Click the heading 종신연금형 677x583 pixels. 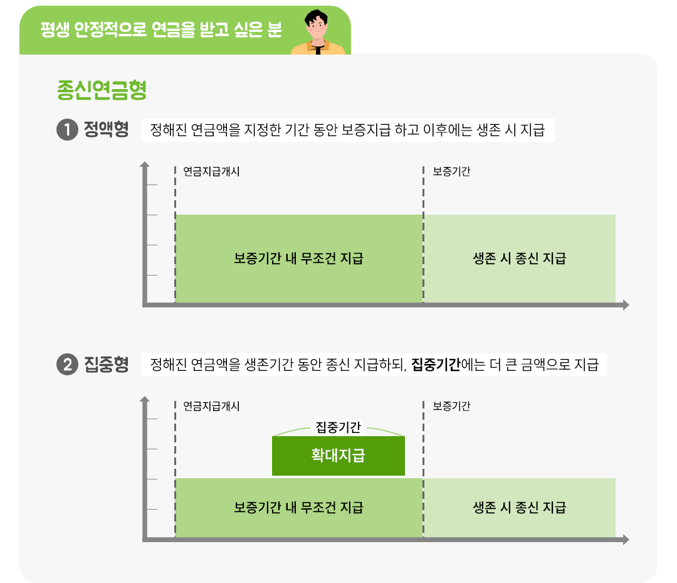pyautogui.click(x=102, y=90)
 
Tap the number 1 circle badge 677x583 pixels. pyautogui.click(x=66, y=131)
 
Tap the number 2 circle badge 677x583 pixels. pyautogui.click(x=66, y=365)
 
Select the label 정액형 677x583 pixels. pyautogui.click(x=106, y=131)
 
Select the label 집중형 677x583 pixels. pyautogui.click(x=106, y=365)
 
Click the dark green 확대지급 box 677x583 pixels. pyautogui.click(x=338, y=456)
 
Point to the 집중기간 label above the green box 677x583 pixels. pyautogui.click(x=338, y=428)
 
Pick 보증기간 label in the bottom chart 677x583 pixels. pyautogui.click(x=451, y=406)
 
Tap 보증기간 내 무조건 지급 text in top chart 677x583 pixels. pyautogui.click(x=298, y=259)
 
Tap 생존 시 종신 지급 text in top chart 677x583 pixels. pyautogui.click(x=519, y=259)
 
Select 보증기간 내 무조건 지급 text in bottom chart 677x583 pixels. pyautogui.click(x=298, y=507)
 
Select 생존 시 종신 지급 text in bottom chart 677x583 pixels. pyautogui.click(x=519, y=507)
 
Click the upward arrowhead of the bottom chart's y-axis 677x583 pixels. pyautogui.click(x=145, y=399)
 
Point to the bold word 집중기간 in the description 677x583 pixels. pyautogui.click(x=436, y=365)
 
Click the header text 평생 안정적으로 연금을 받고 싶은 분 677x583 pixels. pyautogui.click(x=161, y=30)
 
